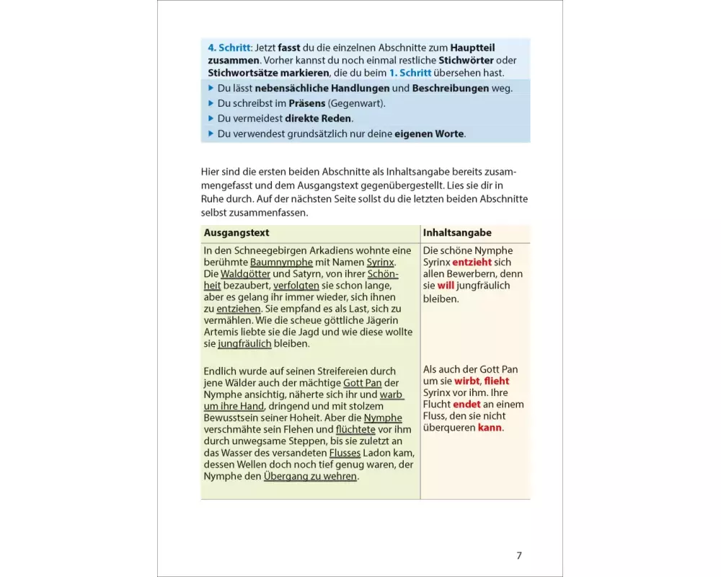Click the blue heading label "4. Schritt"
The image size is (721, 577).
[228, 48]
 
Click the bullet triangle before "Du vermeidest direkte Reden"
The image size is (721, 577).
[211, 118]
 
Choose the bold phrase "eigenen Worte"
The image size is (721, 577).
[429, 133]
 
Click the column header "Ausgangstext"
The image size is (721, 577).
[236, 233]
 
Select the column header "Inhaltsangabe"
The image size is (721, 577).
[457, 233]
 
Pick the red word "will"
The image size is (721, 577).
[447, 286]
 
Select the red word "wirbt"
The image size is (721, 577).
[467, 381]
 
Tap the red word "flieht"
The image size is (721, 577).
[497, 381]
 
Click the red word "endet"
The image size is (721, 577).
[466, 405]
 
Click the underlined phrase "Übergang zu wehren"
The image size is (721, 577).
[310, 476]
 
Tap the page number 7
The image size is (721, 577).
[518, 555]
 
